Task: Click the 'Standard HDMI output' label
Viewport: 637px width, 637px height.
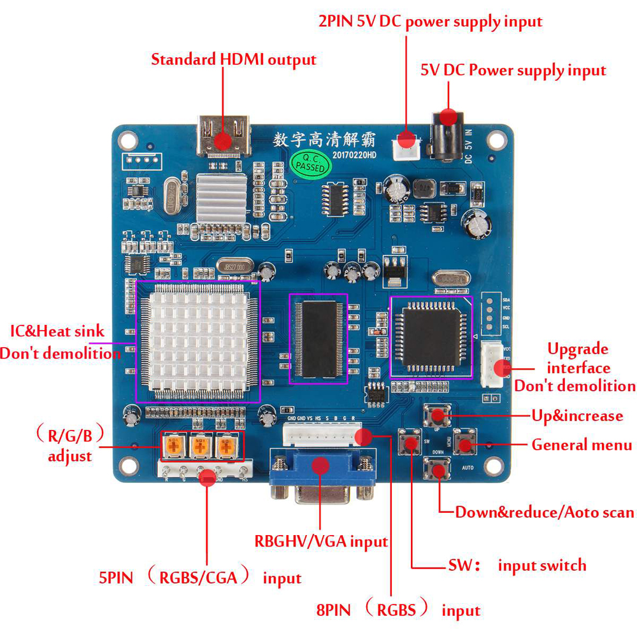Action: [x=233, y=60]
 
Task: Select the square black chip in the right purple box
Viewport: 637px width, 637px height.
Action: [x=431, y=337]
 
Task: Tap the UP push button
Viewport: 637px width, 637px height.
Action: [x=438, y=417]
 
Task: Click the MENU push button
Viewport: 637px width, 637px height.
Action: [x=464, y=445]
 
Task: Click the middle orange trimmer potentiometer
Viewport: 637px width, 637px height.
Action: [x=199, y=446]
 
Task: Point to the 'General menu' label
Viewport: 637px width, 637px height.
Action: [x=582, y=445]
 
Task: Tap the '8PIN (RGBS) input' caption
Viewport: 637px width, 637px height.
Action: [x=398, y=610]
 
